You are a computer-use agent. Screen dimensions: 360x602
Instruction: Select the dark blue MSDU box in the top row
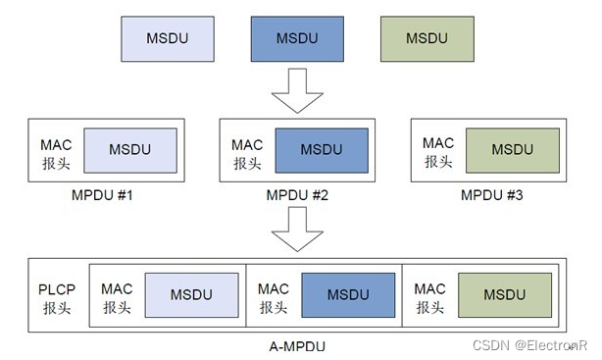coord(297,40)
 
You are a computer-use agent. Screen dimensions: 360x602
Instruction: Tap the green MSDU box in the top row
coord(427,40)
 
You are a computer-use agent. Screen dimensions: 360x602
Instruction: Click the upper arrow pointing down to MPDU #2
coord(297,93)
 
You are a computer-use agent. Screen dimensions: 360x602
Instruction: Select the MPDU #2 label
coord(297,195)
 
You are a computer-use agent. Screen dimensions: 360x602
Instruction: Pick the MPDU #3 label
coord(491,195)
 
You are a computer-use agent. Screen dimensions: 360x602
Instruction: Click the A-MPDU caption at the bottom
coord(296,346)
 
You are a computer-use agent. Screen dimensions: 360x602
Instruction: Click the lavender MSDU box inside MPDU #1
coord(129,150)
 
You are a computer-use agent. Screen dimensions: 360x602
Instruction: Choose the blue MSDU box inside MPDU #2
coord(322,150)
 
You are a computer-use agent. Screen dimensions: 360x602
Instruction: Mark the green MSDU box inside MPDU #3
coord(512,150)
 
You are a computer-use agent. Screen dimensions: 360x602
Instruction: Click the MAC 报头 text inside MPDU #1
coord(56,150)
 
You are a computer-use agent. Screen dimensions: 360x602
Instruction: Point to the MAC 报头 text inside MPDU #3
coord(438,150)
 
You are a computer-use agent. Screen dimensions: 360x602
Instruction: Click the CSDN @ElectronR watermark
coord(528,345)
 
